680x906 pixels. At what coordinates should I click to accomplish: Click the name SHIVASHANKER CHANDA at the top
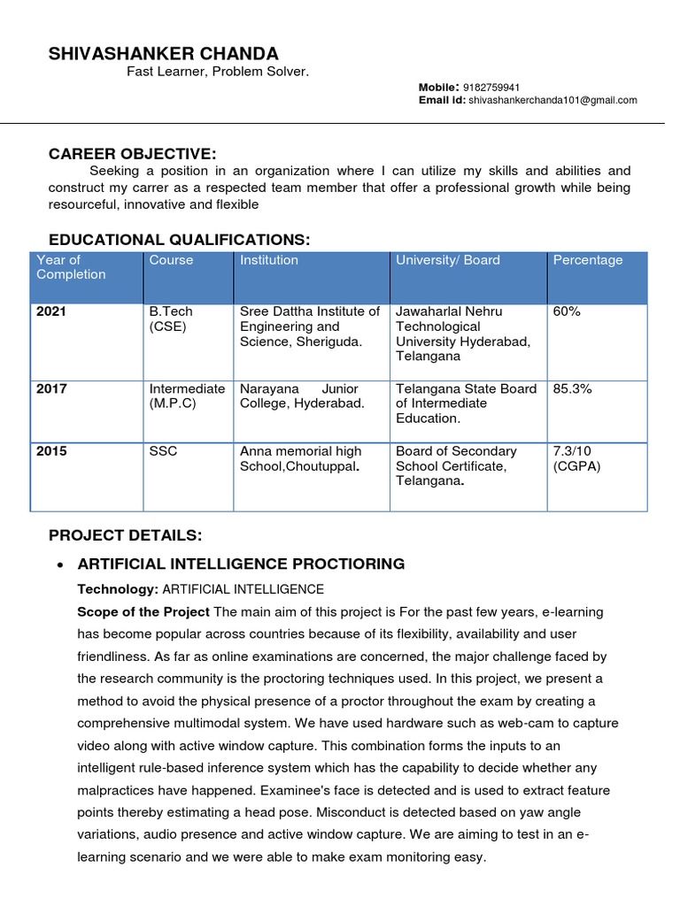(x=163, y=53)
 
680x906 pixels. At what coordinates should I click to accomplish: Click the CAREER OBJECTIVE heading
(x=132, y=154)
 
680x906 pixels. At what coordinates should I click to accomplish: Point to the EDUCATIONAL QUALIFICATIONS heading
(x=180, y=240)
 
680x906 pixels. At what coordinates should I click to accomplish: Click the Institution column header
(x=269, y=260)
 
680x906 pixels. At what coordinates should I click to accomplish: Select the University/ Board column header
(x=447, y=260)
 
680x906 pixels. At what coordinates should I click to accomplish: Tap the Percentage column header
(x=587, y=260)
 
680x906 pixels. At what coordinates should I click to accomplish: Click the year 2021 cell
(x=51, y=311)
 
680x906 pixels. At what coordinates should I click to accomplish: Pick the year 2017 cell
(x=51, y=388)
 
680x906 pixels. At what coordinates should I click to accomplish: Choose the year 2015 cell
(x=51, y=451)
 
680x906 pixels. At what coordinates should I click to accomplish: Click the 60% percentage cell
(x=567, y=311)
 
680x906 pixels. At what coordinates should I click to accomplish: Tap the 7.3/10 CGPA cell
(x=576, y=458)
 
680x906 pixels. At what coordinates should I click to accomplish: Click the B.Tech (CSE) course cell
(x=171, y=319)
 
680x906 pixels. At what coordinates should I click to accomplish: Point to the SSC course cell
(x=163, y=451)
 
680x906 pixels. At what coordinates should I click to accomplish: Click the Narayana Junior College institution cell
(x=302, y=395)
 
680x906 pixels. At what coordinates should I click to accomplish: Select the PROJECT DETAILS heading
(x=126, y=535)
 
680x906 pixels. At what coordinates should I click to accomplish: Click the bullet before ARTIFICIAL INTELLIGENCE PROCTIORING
(x=58, y=564)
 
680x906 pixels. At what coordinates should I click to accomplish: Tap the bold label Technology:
(x=118, y=589)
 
